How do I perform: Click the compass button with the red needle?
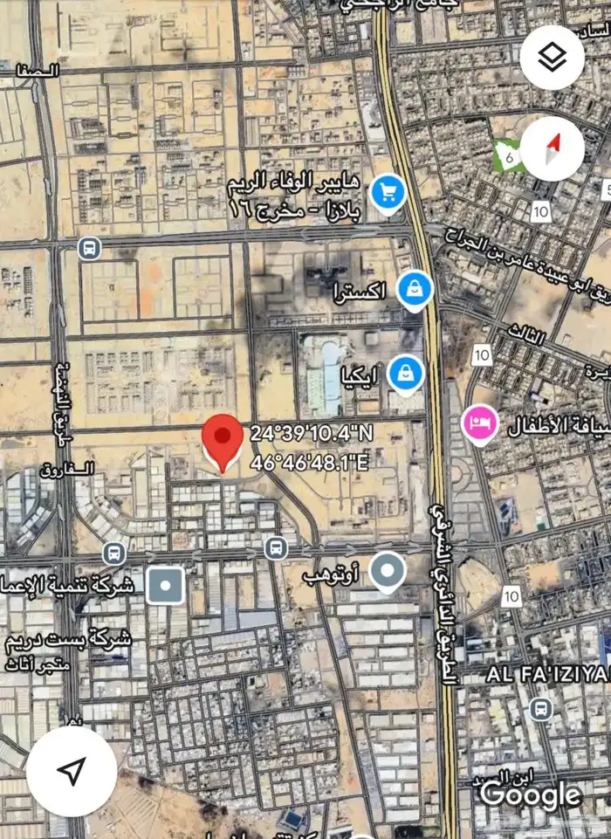pyautogui.click(x=552, y=148)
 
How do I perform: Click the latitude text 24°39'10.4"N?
pyautogui.click(x=311, y=433)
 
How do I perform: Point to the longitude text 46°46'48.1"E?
pyautogui.click(x=309, y=462)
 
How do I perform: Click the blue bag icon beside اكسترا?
pyautogui.click(x=413, y=290)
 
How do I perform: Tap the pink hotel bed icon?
pyautogui.click(x=479, y=425)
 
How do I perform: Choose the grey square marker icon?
pyautogui.click(x=165, y=585)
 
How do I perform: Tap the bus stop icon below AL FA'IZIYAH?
pyautogui.click(x=540, y=707)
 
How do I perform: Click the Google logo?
pyautogui.click(x=531, y=794)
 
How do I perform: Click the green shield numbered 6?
pyautogui.click(x=505, y=155)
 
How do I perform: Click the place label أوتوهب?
pyautogui.click(x=331, y=574)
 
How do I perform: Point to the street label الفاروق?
pyautogui.click(x=66, y=470)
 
